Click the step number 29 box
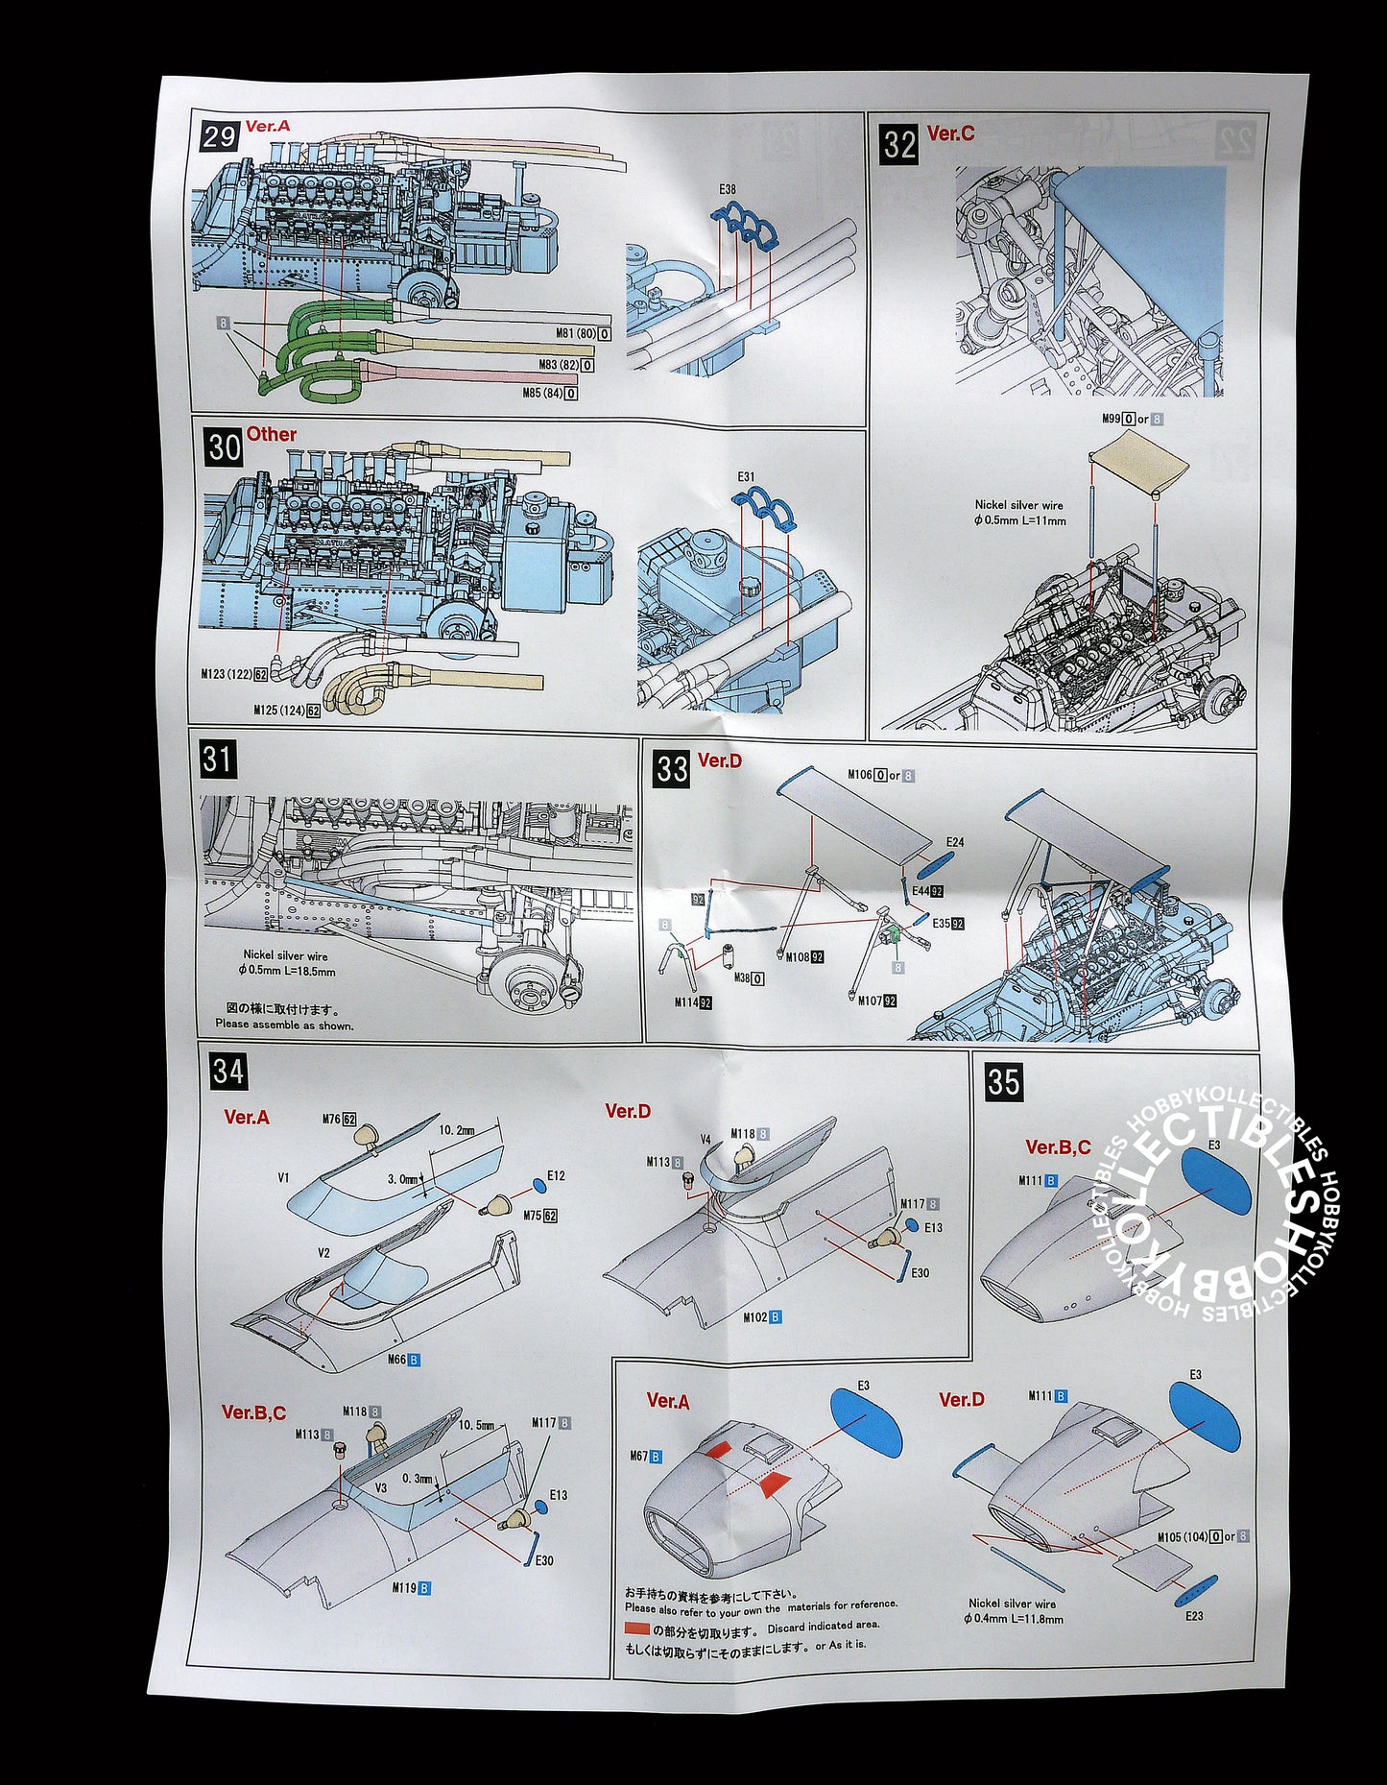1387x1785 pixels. (218, 135)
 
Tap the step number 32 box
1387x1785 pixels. (899, 144)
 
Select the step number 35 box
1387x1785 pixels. (1003, 1081)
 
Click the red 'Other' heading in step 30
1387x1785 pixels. (272, 434)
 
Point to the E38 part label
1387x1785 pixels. (727, 189)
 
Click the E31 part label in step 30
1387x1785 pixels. (746, 476)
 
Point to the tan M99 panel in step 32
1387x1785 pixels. (1139, 461)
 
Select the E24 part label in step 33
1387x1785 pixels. (955, 842)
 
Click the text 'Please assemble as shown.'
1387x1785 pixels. (284, 1025)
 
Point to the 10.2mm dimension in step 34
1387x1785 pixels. (457, 1130)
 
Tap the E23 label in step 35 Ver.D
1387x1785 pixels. (1193, 1615)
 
